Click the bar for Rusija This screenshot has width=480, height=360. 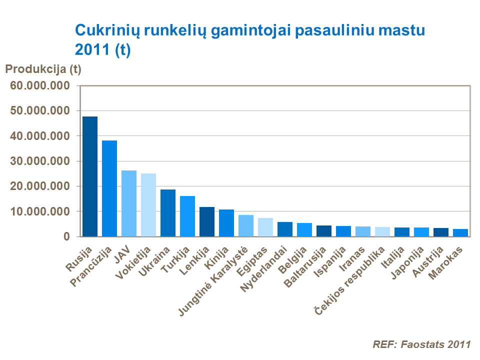pyautogui.click(x=90, y=176)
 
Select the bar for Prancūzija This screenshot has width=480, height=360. pyautogui.click(x=109, y=188)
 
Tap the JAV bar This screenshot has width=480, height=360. pyautogui.click(x=129, y=203)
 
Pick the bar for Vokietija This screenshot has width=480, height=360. pyautogui.click(x=148, y=204)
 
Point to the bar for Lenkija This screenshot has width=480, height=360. pyautogui.click(x=207, y=221)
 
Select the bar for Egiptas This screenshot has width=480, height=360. pyautogui.click(x=265, y=227)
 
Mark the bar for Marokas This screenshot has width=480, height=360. pyautogui.click(x=460, y=232)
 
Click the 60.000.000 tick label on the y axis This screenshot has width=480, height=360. pyautogui.click(x=39, y=85)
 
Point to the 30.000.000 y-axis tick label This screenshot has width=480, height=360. pyautogui.click(x=39, y=161)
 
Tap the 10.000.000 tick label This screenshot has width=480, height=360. pyautogui.click(x=39, y=211)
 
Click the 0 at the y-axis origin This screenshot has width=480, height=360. pyautogui.click(x=66, y=236)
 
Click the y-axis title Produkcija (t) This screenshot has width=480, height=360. pyautogui.click(x=42, y=68)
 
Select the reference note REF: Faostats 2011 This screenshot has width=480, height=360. pyautogui.click(x=421, y=344)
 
